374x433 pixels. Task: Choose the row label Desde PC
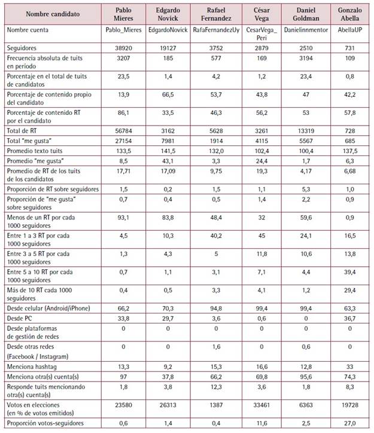[x=20, y=319]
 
